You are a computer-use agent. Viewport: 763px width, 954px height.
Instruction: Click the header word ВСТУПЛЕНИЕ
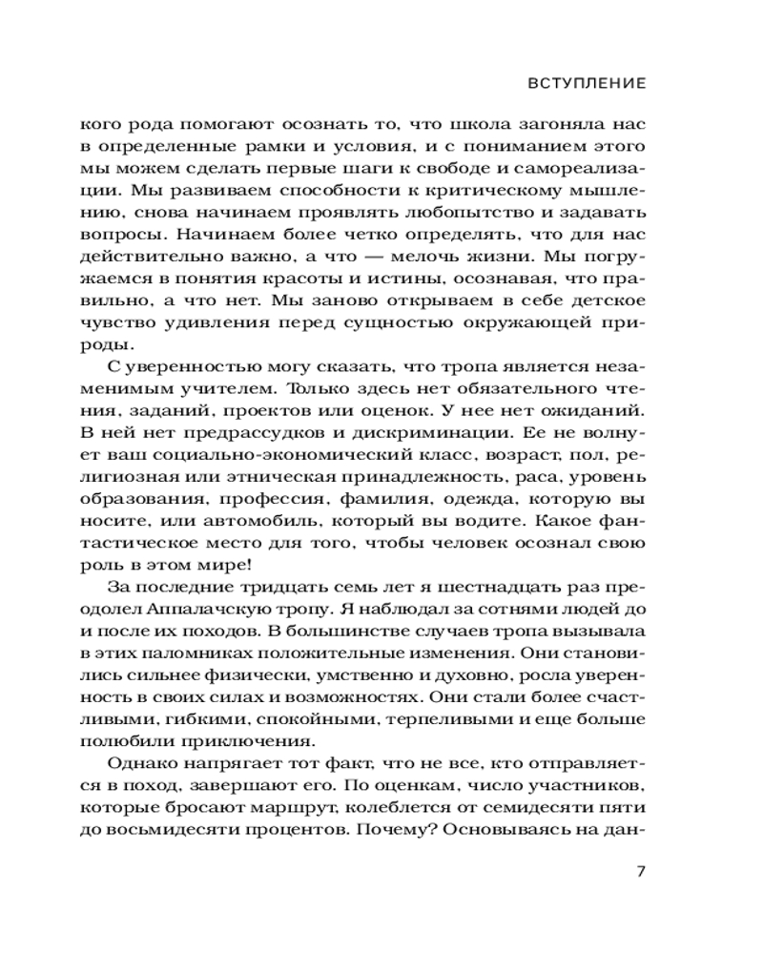pyautogui.click(x=587, y=84)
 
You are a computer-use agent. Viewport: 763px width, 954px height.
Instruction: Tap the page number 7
pyautogui.click(x=640, y=872)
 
